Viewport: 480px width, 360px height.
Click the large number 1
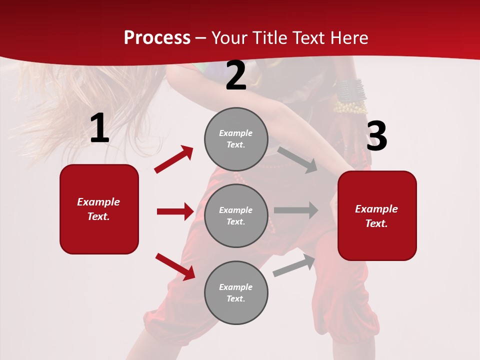99,128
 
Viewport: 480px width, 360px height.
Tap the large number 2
236,76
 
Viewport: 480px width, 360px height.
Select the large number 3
376,136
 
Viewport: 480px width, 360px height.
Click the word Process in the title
157,38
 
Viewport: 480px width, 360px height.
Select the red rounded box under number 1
99,209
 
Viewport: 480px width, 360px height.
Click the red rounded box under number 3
377,216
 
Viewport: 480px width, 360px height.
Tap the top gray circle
236,139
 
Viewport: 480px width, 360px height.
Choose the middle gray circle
236,216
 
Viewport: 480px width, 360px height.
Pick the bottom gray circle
236,293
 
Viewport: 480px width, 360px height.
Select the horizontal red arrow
175,211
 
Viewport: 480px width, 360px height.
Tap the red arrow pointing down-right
175,266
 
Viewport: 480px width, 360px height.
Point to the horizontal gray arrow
296,210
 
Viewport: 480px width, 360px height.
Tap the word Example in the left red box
98,202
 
